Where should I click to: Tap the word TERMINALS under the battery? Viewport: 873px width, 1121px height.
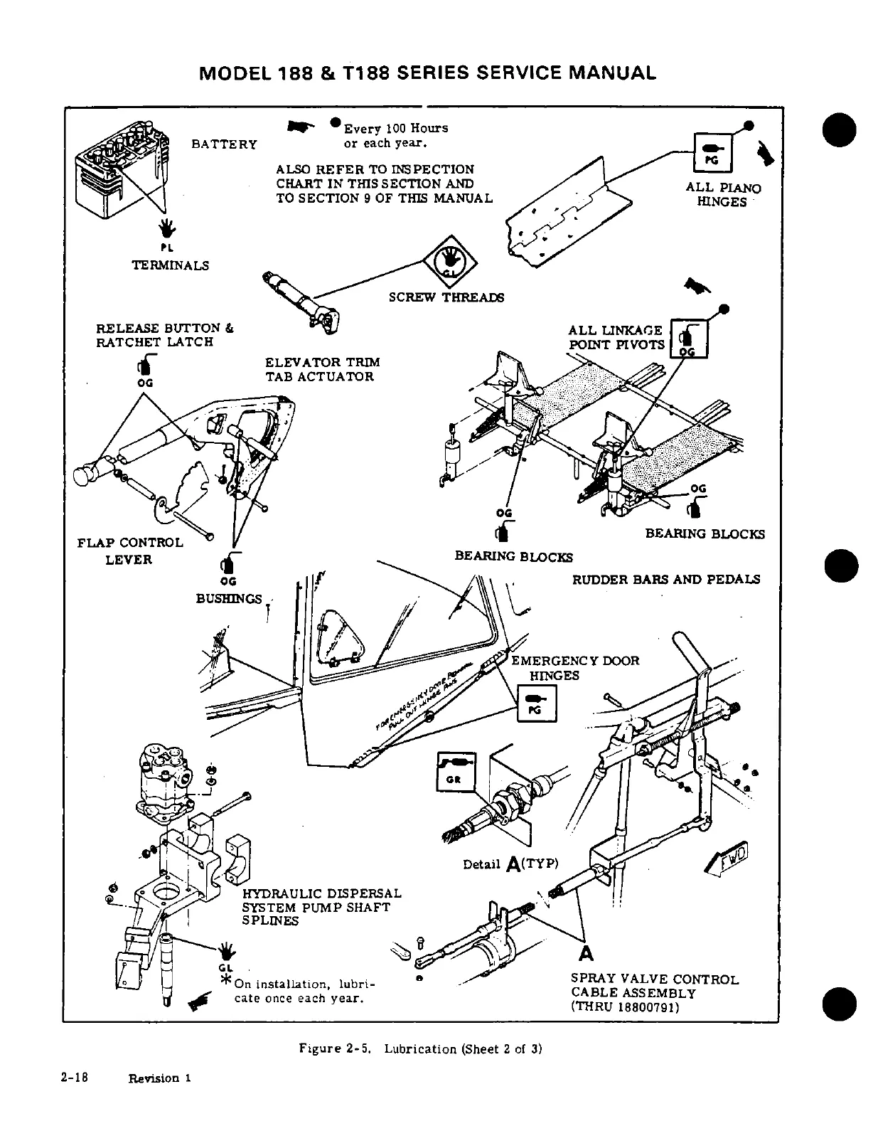pyautogui.click(x=171, y=265)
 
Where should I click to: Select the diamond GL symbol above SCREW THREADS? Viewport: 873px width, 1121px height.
pyautogui.click(x=447, y=260)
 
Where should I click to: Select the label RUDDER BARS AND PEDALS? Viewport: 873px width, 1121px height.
pyautogui.click(x=666, y=579)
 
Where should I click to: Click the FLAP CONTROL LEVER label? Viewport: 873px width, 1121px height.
pyautogui.click(x=129, y=551)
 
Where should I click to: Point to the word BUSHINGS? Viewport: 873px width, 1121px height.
pyautogui.click(x=229, y=598)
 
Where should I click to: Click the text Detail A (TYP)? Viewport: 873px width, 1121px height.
pyautogui.click(x=511, y=864)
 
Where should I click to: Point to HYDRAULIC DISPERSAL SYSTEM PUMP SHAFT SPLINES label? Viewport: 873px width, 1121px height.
pyautogui.click(x=322, y=907)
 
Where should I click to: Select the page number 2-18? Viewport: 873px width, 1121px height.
pyautogui.click(x=73, y=1077)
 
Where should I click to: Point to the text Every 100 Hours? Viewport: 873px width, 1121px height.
pyautogui.click(x=395, y=128)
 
